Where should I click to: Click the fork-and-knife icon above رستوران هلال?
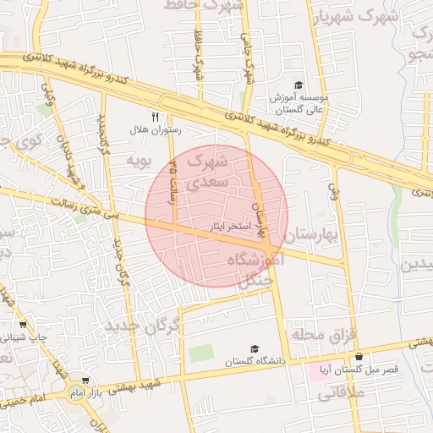(x=155, y=117)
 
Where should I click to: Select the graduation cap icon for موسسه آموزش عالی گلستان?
(x=298, y=85)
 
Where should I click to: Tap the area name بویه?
(x=138, y=159)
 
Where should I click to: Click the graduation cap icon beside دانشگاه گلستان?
(x=254, y=348)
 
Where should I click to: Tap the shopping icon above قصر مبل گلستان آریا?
(x=360, y=356)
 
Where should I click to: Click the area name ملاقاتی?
(x=342, y=392)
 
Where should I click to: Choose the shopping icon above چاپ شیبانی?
(x=21, y=324)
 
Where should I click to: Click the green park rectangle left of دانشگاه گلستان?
(x=200, y=353)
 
